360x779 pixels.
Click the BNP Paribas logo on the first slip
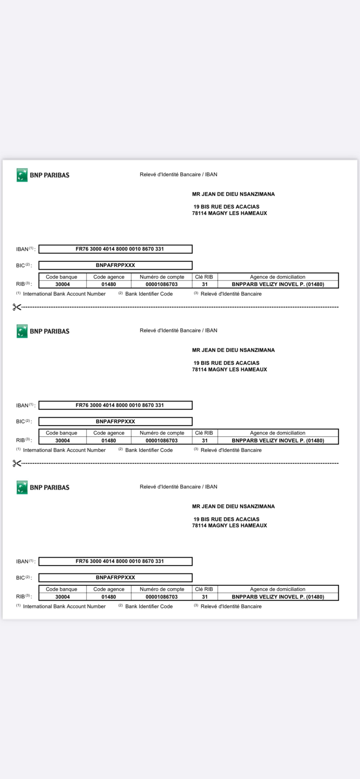(x=43, y=175)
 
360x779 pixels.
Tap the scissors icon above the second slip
(x=17, y=307)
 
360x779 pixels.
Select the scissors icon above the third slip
(x=17, y=463)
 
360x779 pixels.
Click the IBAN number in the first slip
(x=120, y=249)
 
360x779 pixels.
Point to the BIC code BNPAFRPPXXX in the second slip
(x=115, y=421)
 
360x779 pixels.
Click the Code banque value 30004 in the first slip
(x=62, y=284)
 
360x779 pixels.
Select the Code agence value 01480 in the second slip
(x=109, y=441)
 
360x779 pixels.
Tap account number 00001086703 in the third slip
(x=161, y=597)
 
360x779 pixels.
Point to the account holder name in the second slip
(x=233, y=350)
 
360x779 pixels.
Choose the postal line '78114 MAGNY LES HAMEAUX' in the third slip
(x=229, y=526)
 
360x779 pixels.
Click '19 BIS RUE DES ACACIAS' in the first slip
(x=226, y=207)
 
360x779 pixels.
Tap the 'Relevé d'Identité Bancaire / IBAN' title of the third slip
(x=178, y=487)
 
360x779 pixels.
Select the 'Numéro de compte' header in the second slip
(x=162, y=433)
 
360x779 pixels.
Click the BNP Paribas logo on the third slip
(x=43, y=487)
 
